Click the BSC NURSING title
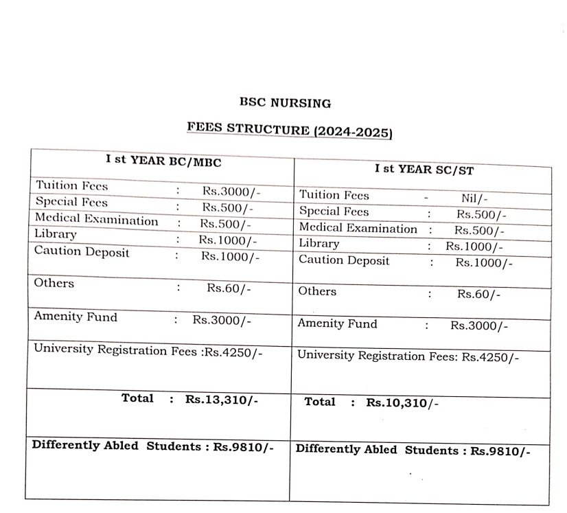tap(285, 104)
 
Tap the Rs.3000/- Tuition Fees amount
tap(231, 192)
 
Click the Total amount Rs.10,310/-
tap(402, 404)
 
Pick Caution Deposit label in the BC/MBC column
tap(82, 252)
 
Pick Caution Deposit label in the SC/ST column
tap(344, 261)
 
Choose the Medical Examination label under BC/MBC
tap(96, 221)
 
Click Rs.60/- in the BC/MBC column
tap(229, 288)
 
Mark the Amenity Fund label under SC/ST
tap(337, 323)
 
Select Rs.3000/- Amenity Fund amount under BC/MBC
tap(222, 320)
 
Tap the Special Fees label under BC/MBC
tap(71, 203)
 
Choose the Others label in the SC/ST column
tap(317, 291)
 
